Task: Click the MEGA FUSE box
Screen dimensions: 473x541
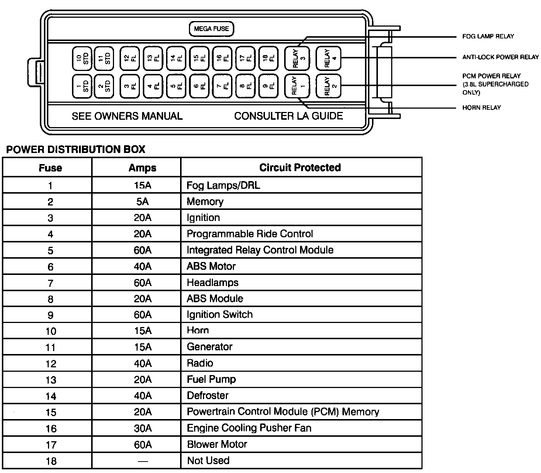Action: (211, 29)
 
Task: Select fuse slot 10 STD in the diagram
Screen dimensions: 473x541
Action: (82, 58)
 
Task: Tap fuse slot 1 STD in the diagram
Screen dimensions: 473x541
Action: (82, 86)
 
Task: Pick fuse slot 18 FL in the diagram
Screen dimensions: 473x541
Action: (269, 58)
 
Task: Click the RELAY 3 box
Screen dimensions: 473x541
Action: (297, 58)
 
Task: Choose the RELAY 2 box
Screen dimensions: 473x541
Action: (328, 86)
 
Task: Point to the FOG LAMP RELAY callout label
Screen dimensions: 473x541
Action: (488, 36)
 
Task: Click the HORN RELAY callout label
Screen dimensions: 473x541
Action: (481, 108)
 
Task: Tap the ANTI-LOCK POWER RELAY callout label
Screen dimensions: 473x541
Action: (500, 57)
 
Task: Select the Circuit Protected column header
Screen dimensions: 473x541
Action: (300, 167)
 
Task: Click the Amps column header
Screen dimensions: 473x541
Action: (142, 168)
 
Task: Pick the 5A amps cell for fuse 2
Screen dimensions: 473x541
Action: (142, 201)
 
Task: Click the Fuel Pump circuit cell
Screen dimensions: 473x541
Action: (211, 379)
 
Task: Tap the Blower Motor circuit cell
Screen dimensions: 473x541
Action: (217, 444)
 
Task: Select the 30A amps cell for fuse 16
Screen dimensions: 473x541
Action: (142, 428)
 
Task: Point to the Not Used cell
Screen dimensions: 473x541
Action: (208, 460)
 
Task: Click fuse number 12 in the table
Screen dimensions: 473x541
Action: (51, 364)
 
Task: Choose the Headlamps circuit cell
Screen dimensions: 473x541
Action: (213, 283)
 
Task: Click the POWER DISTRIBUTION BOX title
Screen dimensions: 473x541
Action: (76, 149)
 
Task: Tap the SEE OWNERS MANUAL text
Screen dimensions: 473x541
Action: (127, 116)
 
